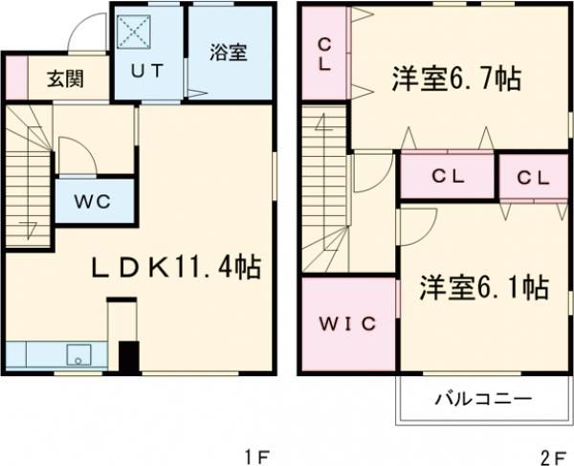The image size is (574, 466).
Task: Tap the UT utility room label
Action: tap(148, 70)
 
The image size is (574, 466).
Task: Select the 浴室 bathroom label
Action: tap(229, 52)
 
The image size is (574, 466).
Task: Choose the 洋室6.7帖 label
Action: tap(454, 79)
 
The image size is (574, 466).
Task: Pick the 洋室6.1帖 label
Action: tap(482, 287)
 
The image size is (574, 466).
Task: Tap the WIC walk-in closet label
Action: tap(347, 322)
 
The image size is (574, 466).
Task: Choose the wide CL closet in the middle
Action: tap(447, 176)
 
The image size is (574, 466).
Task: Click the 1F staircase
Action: tap(29, 172)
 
